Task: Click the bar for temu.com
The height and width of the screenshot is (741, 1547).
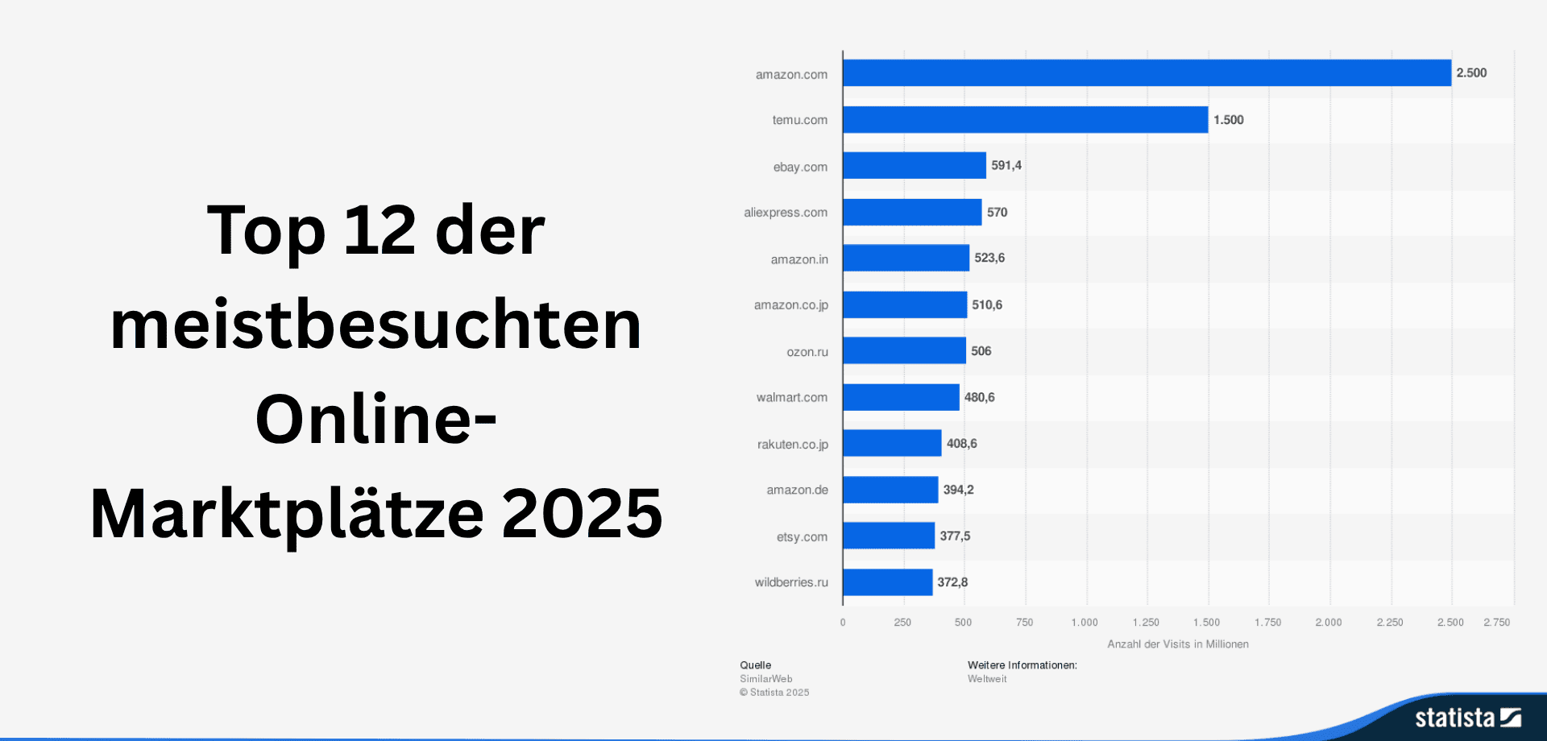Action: coord(1025,119)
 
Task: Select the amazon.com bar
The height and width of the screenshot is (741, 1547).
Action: coord(1146,72)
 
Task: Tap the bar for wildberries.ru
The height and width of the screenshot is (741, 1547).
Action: coord(887,582)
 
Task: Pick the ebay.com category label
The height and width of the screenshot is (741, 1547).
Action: coord(800,167)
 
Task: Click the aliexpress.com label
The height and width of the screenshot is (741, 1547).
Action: coord(786,213)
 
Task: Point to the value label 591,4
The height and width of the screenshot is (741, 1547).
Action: coord(1006,165)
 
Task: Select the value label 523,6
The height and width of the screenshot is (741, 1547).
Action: coord(989,258)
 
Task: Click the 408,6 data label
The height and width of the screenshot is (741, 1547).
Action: coord(961,444)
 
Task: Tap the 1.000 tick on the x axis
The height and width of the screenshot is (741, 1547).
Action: coord(1085,623)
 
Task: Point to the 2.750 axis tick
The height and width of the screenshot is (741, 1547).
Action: coord(1496,623)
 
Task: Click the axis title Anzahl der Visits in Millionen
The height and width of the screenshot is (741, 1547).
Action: coord(1177,644)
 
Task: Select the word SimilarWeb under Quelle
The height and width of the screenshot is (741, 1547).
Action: coord(765,679)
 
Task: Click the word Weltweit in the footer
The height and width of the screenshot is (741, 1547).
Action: coord(987,679)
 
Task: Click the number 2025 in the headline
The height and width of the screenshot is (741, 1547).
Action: coord(582,514)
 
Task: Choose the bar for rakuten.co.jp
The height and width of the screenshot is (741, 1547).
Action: coord(892,443)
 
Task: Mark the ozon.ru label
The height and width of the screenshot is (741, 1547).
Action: coord(807,352)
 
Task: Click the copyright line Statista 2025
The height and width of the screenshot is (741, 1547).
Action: coord(774,693)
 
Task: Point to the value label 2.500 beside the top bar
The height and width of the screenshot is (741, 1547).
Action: coord(1471,72)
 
